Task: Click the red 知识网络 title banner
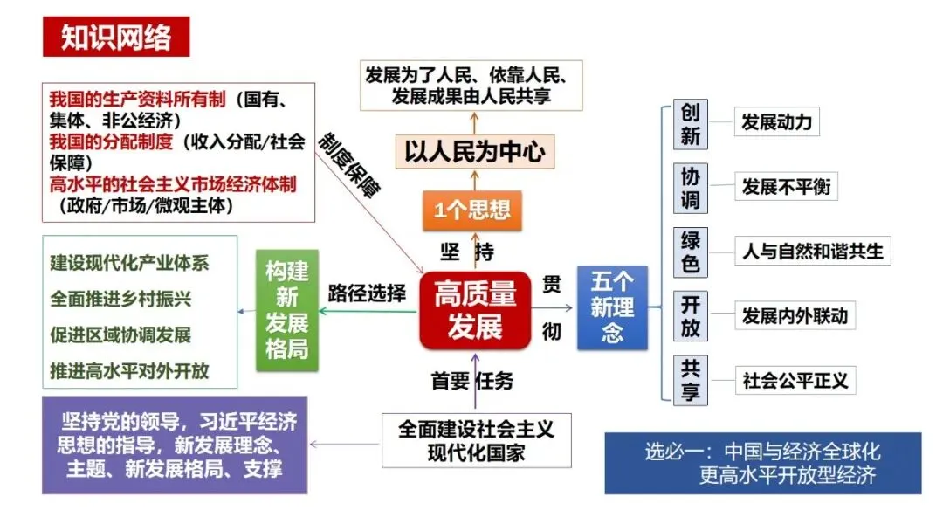pyautogui.click(x=115, y=38)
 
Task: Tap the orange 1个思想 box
pyautogui.click(x=472, y=210)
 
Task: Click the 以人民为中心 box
pyautogui.click(x=474, y=152)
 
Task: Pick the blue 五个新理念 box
pyautogui.click(x=612, y=307)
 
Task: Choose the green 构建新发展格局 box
pyautogui.click(x=286, y=311)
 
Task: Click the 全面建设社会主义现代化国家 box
pyautogui.click(x=477, y=440)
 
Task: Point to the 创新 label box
pyautogui.click(x=691, y=125)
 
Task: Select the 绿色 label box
pyautogui.click(x=691, y=252)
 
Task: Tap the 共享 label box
pyautogui.click(x=691, y=380)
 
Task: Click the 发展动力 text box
pyautogui.click(x=776, y=122)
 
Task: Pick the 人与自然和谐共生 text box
pyautogui.click(x=812, y=252)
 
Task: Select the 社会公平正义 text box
pyautogui.click(x=795, y=381)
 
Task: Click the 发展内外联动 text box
pyautogui.click(x=795, y=316)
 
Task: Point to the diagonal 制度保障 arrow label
pyautogui.click(x=349, y=166)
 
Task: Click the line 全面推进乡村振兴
pyautogui.click(x=120, y=299)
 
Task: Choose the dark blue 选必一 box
pyautogui.click(x=762, y=464)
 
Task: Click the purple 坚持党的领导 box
pyautogui.click(x=175, y=445)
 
